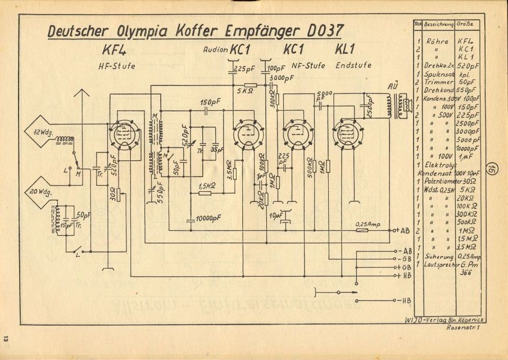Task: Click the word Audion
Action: [215, 50]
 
